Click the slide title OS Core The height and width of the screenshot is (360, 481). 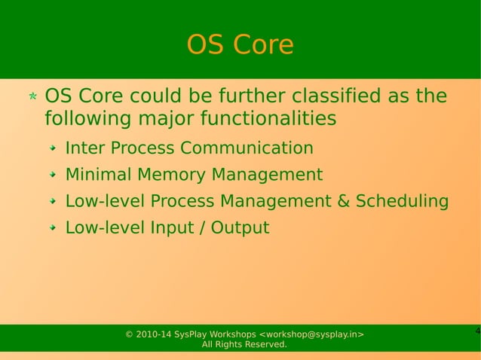click(x=240, y=45)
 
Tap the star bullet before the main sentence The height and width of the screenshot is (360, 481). click(x=32, y=98)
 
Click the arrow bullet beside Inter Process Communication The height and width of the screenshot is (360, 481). click(x=53, y=148)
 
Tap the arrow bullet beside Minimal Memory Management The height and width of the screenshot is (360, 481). click(x=53, y=175)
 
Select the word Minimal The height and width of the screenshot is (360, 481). click(x=98, y=175)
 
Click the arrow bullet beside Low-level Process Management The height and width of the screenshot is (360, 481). click(x=53, y=203)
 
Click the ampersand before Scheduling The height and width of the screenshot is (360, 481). click(x=342, y=202)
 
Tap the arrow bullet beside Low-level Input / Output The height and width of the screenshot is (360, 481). click(x=53, y=229)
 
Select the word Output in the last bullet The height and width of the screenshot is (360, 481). click(x=240, y=228)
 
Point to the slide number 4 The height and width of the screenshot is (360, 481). click(x=477, y=332)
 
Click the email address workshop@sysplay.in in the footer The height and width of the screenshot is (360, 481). click(x=312, y=334)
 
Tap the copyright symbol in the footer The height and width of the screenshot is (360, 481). click(x=129, y=334)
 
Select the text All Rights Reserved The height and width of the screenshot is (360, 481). click(x=244, y=345)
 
